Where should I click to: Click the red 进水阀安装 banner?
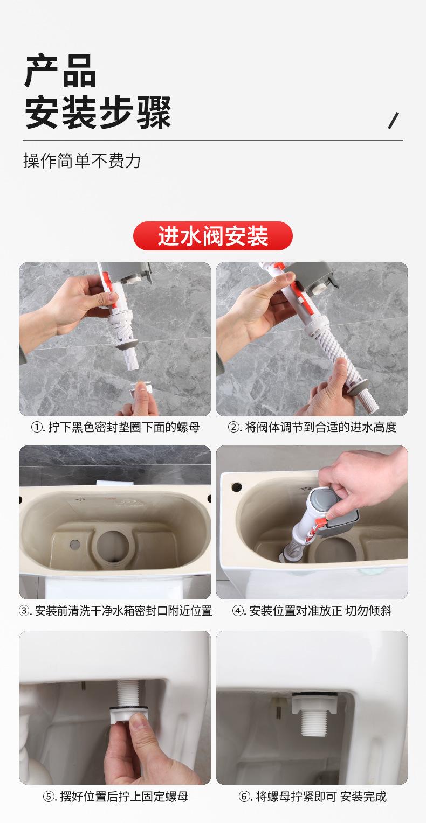click(x=212, y=236)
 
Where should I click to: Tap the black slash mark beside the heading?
click(x=393, y=121)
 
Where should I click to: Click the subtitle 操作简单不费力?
click(x=82, y=161)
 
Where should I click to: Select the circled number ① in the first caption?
click(x=37, y=427)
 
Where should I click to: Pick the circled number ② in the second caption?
click(x=233, y=427)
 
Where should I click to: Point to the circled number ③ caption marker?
click(x=24, y=611)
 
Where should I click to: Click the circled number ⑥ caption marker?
click(x=244, y=797)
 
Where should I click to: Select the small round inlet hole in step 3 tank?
click(x=75, y=544)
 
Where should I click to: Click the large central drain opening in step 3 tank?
click(x=113, y=547)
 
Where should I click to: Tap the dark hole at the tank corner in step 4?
click(x=237, y=487)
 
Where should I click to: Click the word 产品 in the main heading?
click(x=60, y=71)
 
